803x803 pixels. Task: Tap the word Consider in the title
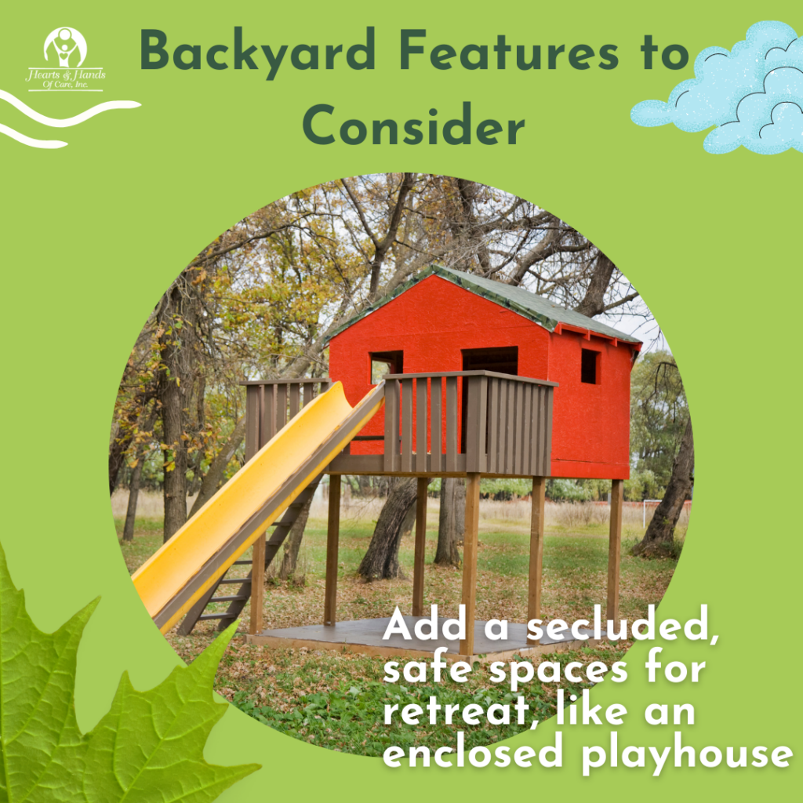coord(414,124)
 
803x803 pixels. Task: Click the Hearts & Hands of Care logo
coord(66,59)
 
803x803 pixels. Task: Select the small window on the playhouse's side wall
coord(590,365)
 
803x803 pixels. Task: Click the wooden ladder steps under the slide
coord(245,563)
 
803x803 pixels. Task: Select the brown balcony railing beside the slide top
coord(469,423)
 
